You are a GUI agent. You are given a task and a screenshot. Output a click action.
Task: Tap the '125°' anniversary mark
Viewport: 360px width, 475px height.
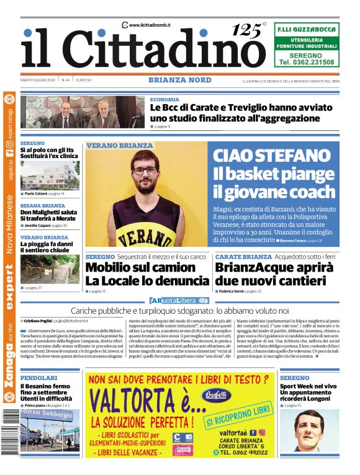pos(248,30)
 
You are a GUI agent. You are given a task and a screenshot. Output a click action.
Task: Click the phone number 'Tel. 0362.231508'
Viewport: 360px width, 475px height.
pos(307,62)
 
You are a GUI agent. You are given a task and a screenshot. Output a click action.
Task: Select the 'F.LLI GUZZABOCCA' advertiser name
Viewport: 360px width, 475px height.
pos(307,29)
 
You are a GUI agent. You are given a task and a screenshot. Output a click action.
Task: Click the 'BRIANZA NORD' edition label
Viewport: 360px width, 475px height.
pos(179,80)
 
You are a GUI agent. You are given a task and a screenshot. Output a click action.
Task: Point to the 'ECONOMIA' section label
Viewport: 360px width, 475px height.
pos(164,99)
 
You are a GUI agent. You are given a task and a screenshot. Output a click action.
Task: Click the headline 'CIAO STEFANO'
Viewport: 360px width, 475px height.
pos(272,156)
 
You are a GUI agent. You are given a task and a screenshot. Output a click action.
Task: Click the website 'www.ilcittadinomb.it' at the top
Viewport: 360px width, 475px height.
pos(150,25)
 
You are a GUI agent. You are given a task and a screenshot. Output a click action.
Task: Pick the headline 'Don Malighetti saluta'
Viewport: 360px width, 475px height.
pos(48,213)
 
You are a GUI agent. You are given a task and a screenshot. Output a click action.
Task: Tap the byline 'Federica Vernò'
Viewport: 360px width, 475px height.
pos(235,291)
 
